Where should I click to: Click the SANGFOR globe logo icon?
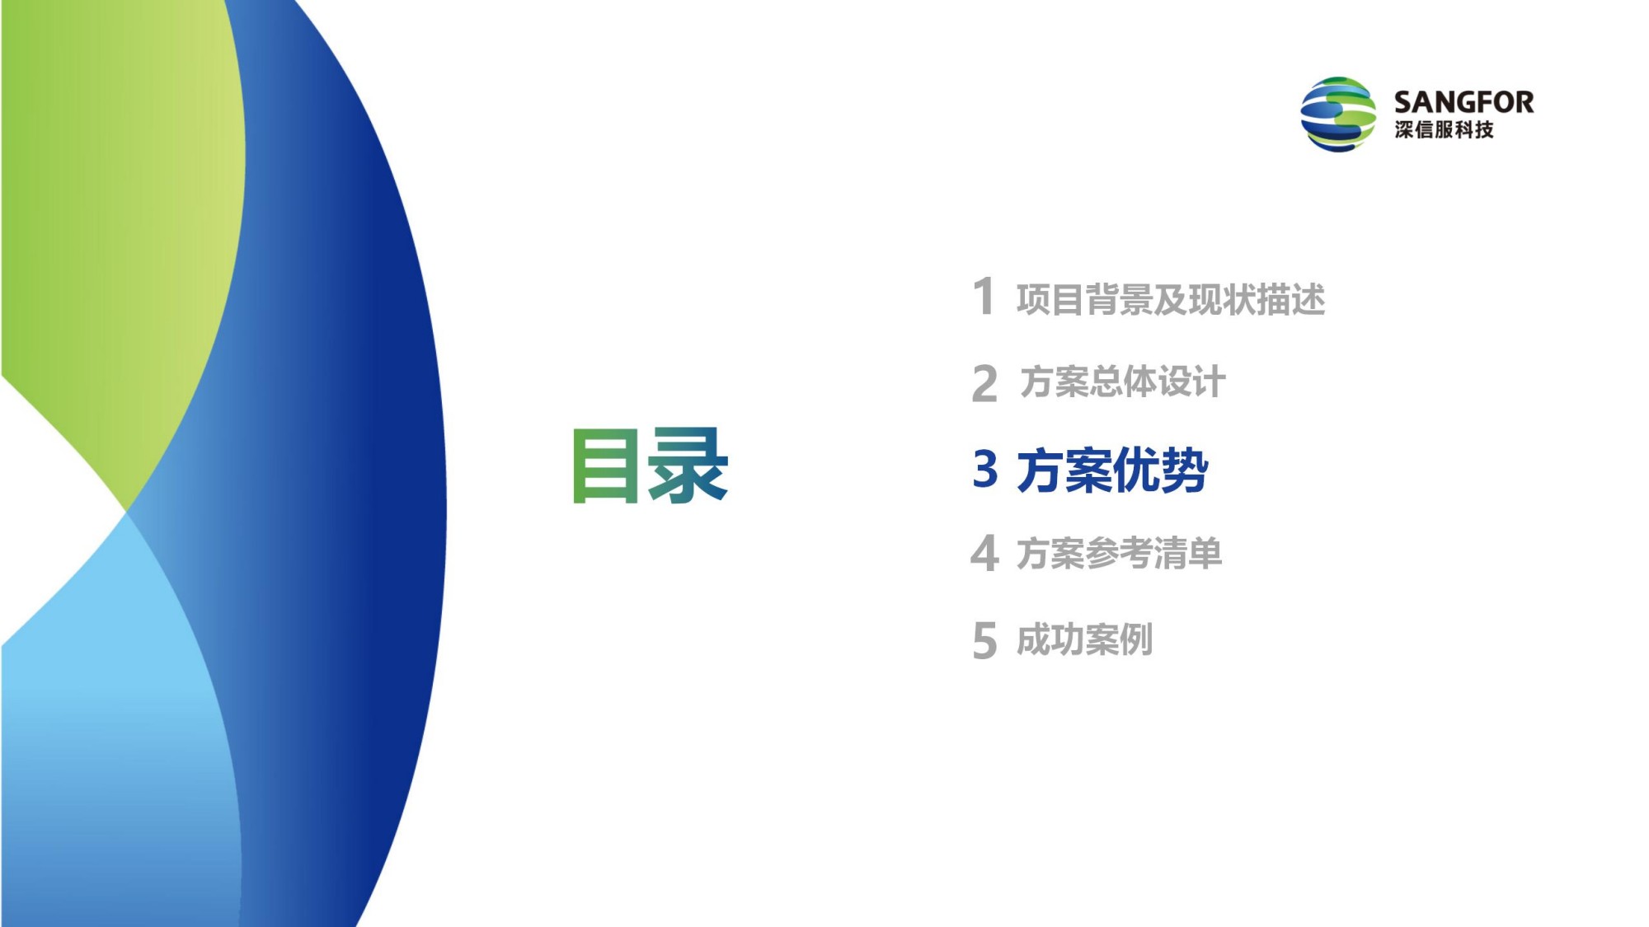[x=1337, y=114]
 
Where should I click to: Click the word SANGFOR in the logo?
[x=1463, y=102]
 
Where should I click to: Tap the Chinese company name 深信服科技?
[x=1444, y=129]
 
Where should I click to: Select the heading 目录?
[x=651, y=465]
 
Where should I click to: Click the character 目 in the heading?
[x=605, y=466]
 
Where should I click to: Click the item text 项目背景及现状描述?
[x=1171, y=299]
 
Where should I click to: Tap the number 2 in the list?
[x=984, y=384]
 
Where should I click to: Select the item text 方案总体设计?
[x=1122, y=382]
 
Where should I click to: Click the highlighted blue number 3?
[x=985, y=468]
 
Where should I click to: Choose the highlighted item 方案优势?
[x=1112, y=471]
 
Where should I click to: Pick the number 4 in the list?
[x=985, y=552]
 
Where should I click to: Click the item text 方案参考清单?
[x=1119, y=553]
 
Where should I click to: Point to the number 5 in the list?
[x=984, y=641]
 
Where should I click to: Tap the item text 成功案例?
[x=1084, y=639]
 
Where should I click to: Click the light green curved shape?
[x=124, y=206]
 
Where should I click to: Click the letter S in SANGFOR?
[x=1404, y=102]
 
